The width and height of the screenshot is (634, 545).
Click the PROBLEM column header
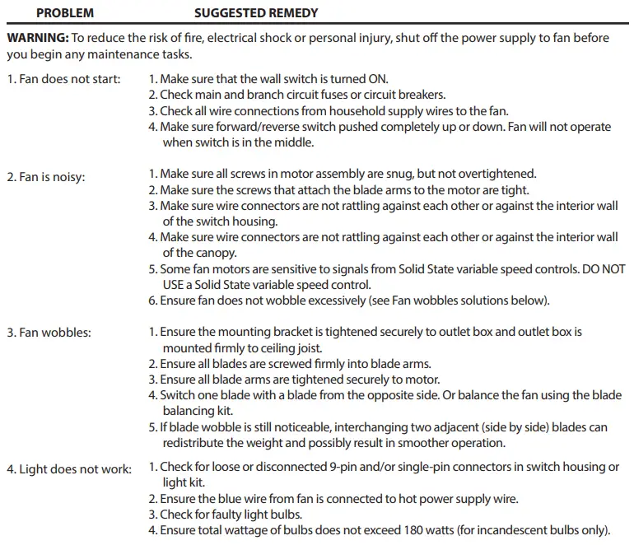click(65, 13)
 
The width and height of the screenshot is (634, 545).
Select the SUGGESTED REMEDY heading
click(256, 13)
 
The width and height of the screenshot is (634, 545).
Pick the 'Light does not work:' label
click(69, 469)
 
